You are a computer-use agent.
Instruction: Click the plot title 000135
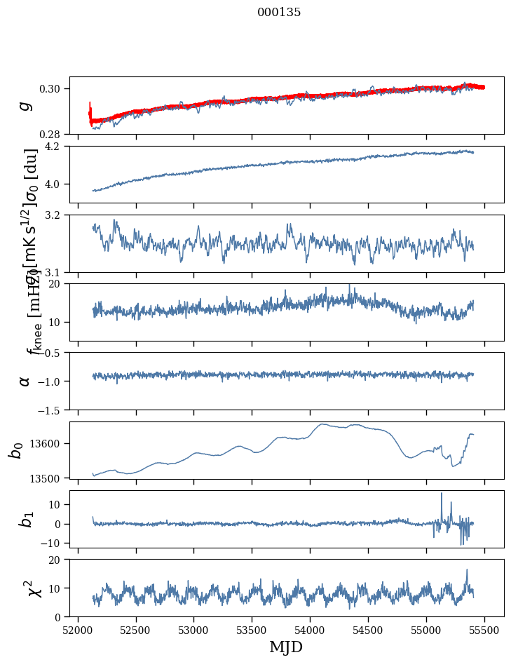point(279,13)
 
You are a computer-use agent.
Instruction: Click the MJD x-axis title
point(286,647)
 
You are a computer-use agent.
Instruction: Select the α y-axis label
point(25,381)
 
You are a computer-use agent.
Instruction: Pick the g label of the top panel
point(25,105)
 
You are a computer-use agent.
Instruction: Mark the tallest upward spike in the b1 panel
point(442,494)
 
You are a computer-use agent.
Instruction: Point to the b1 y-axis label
point(25,519)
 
